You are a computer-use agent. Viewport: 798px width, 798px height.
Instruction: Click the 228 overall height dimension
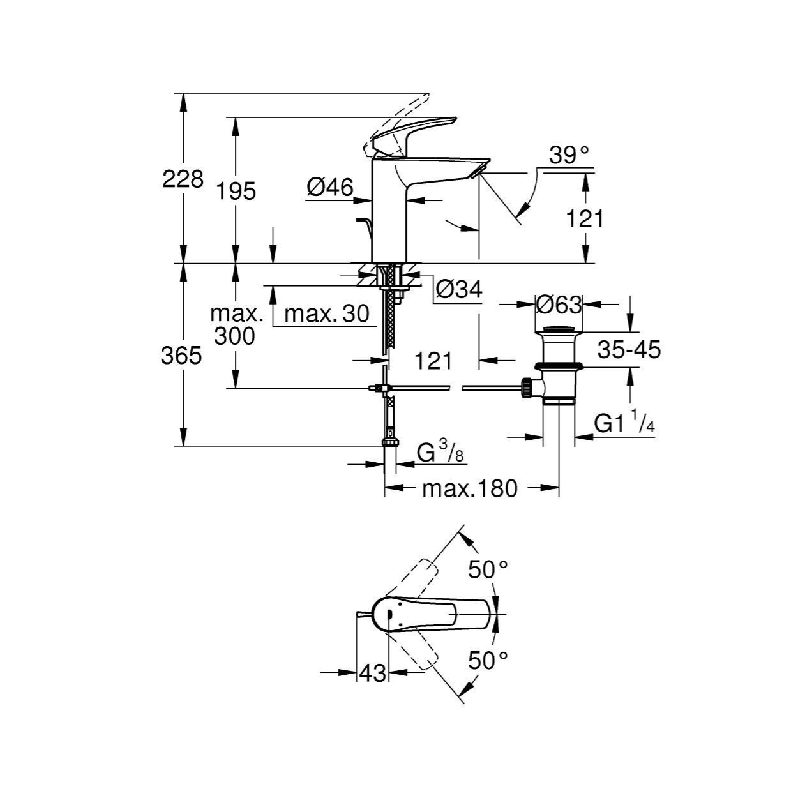point(183,179)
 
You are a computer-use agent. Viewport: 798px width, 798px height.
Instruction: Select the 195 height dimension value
point(236,191)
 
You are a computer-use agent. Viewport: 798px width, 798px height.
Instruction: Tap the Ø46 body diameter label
point(330,187)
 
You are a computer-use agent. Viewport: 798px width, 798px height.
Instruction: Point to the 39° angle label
point(569,156)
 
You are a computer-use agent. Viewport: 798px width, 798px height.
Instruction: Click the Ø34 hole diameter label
point(459,289)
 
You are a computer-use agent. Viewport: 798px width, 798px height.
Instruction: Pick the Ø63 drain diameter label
point(558,305)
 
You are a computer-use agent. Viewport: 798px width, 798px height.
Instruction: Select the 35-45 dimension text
point(629,350)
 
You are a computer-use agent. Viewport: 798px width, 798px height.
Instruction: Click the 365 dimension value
point(181,356)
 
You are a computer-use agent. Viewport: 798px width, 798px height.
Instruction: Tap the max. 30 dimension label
point(327,313)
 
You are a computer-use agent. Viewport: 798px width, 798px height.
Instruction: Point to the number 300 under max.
point(234,336)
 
